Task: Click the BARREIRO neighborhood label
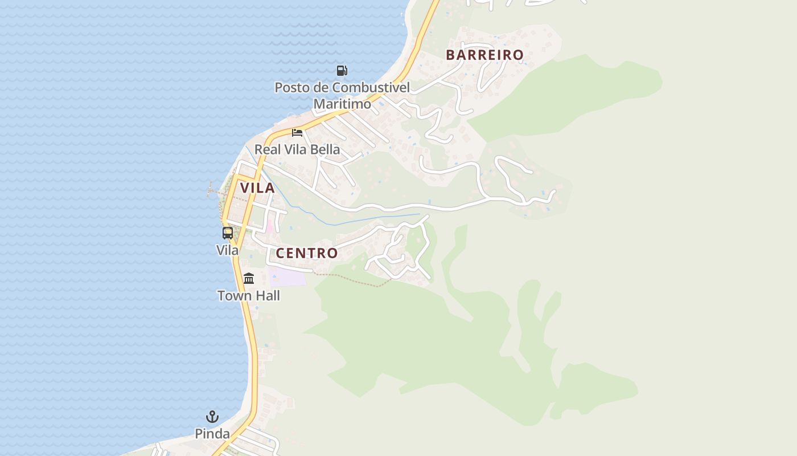pos(484,55)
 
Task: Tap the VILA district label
pos(257,188)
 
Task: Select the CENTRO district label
pos(307,253)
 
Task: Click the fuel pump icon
pos(342,71)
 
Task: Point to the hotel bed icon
pos(297,133)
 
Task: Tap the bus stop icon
pos(228,233)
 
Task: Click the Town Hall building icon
pos(249,279)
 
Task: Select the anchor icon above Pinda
pos(212,417)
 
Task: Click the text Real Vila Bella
pos(297,149)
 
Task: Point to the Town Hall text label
pos(249,296)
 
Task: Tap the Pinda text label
pos(212,434)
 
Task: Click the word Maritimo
pos(342,104)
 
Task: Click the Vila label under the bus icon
pos(228,250)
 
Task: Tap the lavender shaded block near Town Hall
pos(288,277)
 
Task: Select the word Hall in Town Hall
pos(267,296)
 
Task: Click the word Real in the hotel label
pos(266,149)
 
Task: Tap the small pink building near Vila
pos(270,228)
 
